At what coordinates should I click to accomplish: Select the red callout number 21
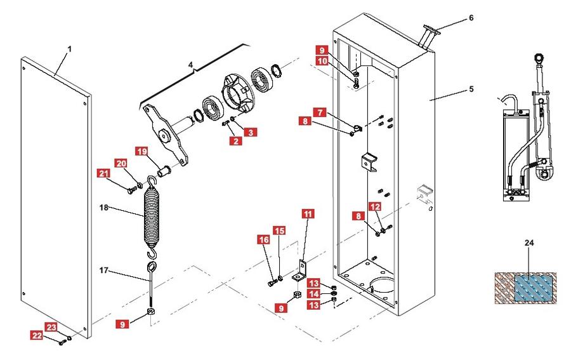click(103, 173)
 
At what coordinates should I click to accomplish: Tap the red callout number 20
click(121, 163)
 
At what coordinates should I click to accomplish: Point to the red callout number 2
click(236, 141)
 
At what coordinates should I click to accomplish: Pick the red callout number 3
click(252, 133)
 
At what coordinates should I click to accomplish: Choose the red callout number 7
click(322, 112)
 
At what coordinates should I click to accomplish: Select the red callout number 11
click(308, 215)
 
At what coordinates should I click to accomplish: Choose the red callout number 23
click(51, 327)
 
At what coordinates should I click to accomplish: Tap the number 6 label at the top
click(471, 18)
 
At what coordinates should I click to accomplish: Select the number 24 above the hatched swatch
click(530, 243)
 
